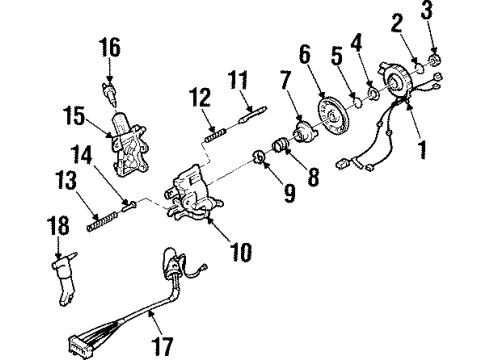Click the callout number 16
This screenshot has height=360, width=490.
click(x=108, y=47)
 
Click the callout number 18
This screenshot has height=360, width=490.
click(x=54, y=230)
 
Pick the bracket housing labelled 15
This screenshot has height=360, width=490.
click(x=126, y=148)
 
